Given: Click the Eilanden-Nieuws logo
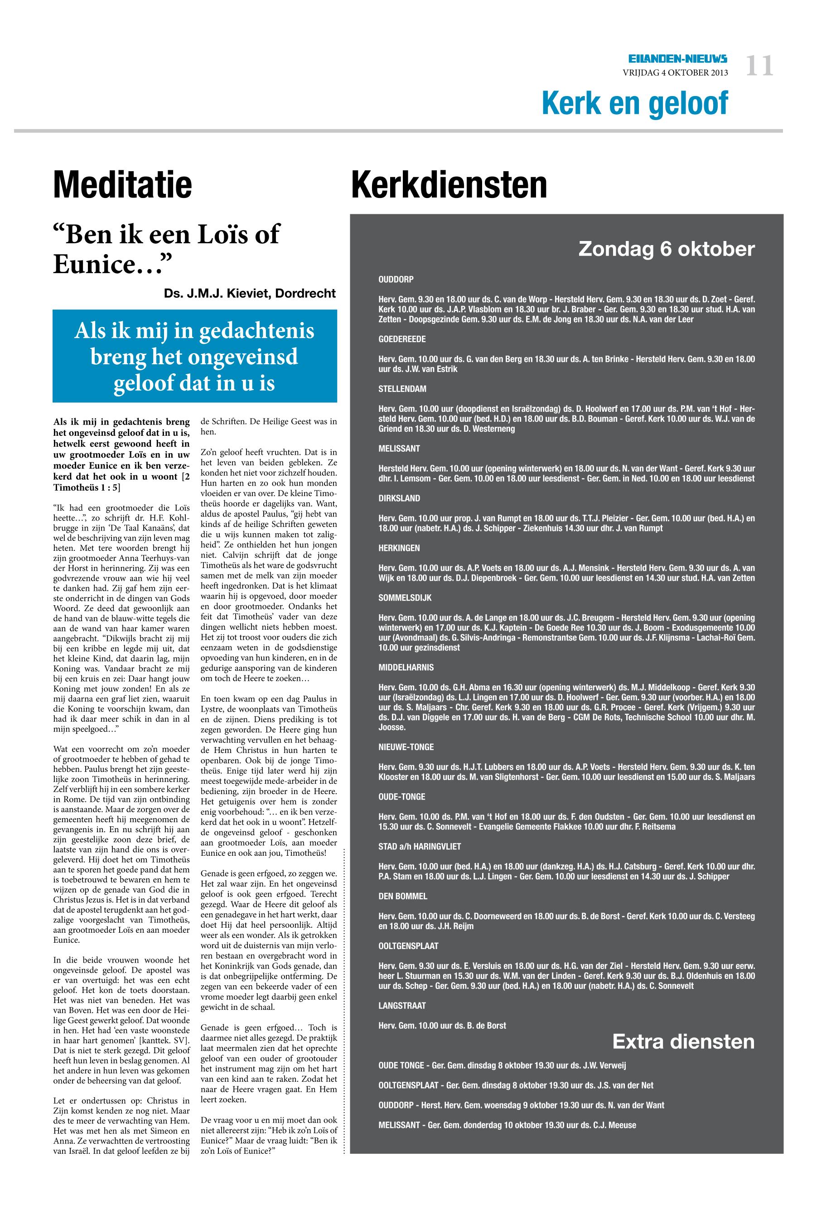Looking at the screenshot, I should [x=678, y=60].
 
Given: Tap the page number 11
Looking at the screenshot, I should [x=759, y=67].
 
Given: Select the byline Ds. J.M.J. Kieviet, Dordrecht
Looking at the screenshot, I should [x=249, y=293].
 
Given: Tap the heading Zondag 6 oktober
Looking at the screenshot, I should [x=666, y=249].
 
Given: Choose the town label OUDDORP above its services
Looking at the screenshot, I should [x=396, y=280].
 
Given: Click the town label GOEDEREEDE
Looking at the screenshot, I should [x=402, y=339].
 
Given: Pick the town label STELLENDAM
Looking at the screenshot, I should [x=402, y=389].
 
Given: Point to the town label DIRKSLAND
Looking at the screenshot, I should [x=399, y=499].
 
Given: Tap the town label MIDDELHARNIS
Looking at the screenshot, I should [x=406, y=668].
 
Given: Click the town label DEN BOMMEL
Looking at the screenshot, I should [x=402, y=897].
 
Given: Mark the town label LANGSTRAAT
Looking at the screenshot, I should [x=402, y=1006].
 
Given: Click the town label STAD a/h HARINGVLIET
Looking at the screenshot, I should [x=420, y=847].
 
